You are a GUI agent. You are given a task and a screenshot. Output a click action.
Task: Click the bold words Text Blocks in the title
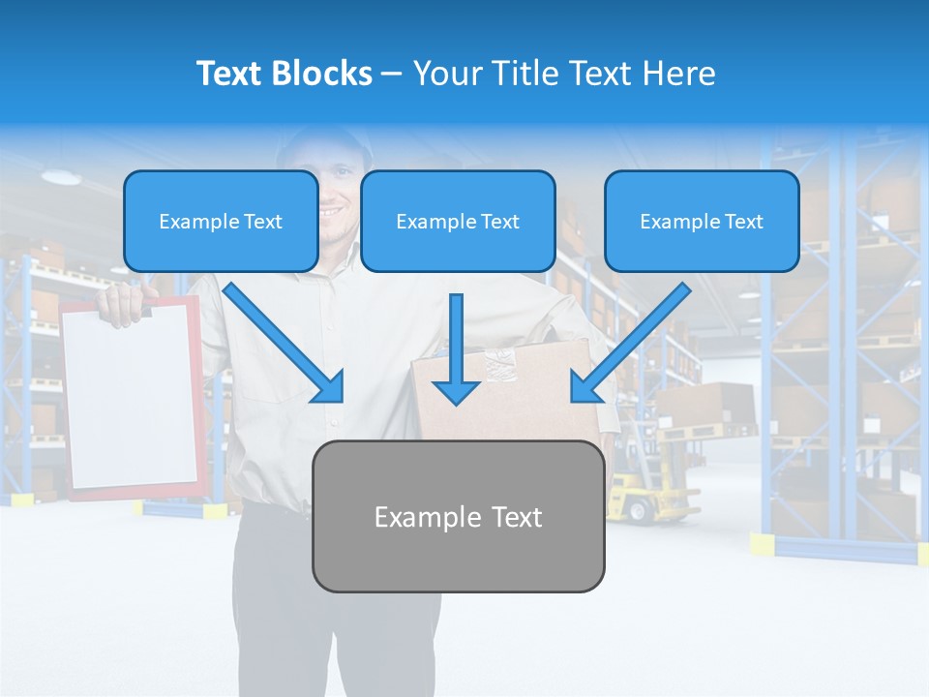tap(284, 74)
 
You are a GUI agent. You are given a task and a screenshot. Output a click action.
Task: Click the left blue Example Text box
tap(221, 222)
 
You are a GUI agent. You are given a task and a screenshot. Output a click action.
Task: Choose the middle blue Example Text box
tap(458, 222)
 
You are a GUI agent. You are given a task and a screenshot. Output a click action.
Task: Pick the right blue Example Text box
tap(702, 222)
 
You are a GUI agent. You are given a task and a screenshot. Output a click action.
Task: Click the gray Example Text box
tap(458, 517)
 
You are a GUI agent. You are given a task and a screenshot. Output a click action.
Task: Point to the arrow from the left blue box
tap(285, 343)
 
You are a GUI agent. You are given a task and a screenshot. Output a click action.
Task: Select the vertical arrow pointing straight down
tap(456, 348)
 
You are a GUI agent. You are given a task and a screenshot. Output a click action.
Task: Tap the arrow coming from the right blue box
tap(629, 343)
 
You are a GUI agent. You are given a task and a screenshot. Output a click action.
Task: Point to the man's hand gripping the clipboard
tap(122, 302)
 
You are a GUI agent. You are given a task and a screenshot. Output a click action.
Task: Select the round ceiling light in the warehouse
tap(61, 177)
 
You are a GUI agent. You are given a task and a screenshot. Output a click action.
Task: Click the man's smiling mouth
tap(332, 210)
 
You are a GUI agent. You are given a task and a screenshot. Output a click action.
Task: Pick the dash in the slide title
tap(392, 74)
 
